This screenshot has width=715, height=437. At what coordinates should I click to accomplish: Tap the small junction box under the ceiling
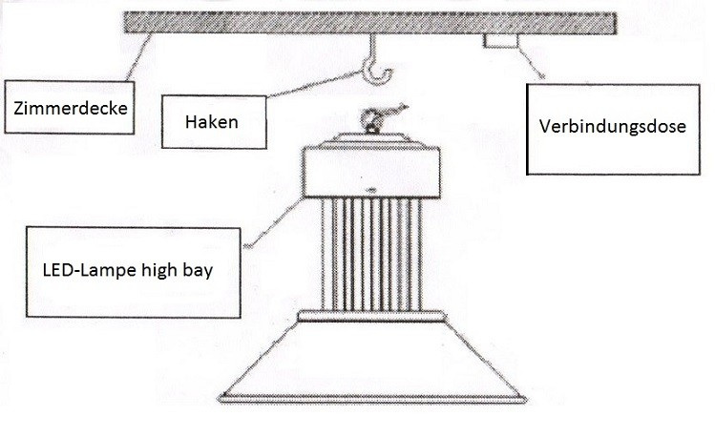point(501,41)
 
